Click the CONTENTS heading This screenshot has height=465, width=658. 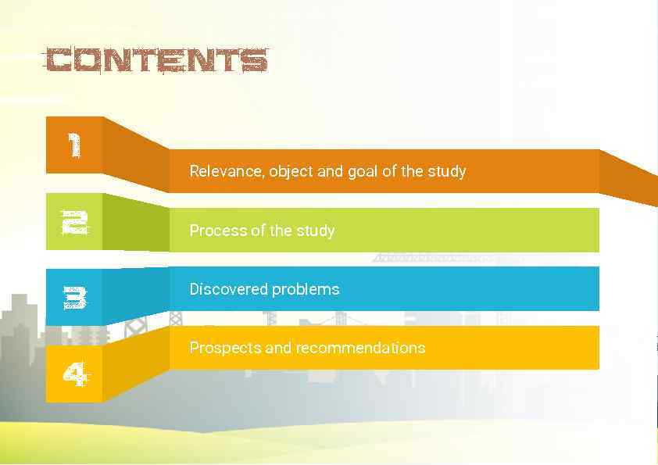click(x=156, y=61)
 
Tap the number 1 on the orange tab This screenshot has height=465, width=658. click(x=74, y=145)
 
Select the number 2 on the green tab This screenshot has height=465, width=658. click(x=74, y=223)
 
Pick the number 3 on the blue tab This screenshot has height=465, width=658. click(x=74, y=297)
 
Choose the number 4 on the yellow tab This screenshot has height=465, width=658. click(x=74, y=376)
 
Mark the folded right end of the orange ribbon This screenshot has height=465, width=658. click(x=628, y=177)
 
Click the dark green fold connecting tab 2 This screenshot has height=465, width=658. click(x=135, y=224)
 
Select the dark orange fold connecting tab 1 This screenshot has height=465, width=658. click(x=135, y=153)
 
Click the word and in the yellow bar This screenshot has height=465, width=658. click(x=279, y=348)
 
